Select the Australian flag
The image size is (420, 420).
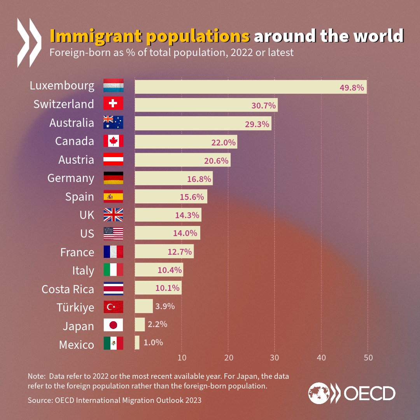point(113,122)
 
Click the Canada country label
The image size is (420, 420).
point(75,141)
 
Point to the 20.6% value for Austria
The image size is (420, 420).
point(216,161)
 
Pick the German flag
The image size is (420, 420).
point(113,178)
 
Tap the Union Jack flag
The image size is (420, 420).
point(113,215)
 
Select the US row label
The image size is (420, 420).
point(87,233)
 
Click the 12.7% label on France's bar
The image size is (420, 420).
point(180,252)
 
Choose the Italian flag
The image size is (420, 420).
point(113,270)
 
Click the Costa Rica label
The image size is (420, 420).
point(68,289)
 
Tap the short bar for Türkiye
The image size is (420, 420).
point(143,306)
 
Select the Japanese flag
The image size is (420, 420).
point(113,325)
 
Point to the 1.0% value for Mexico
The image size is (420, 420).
point(153,343)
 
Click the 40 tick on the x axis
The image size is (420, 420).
point(321,358)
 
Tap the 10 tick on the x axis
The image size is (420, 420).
point(182,358)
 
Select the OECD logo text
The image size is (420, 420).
point(369,394)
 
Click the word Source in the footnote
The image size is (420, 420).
point(38,400)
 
